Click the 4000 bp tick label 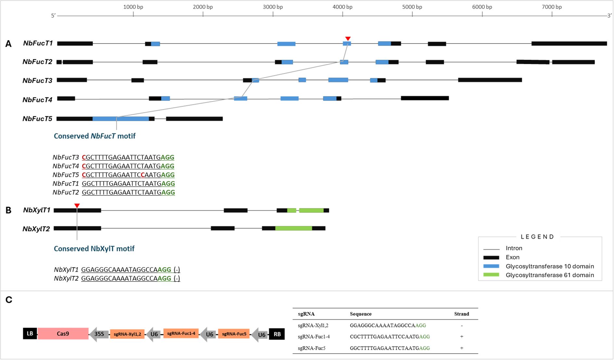[342, 7]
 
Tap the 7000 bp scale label [552, 7]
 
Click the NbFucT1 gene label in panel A [38, 43]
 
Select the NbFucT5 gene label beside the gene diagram [37, 119]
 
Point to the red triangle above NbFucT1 [348, 39]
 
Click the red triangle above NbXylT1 [77, 206]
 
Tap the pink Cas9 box [63, 334]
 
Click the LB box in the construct [30, 334]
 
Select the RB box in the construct [277, 334]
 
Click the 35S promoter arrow [99, 334]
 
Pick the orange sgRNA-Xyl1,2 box [127, 334]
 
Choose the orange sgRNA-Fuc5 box [234, 334]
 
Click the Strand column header [461, 314]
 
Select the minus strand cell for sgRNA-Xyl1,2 [462, 325]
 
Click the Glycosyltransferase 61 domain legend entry [550, 275]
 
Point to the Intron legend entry [514, 248]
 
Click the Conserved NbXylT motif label [94, 249]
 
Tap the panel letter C [9, 300]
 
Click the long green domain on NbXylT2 [294, 228]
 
